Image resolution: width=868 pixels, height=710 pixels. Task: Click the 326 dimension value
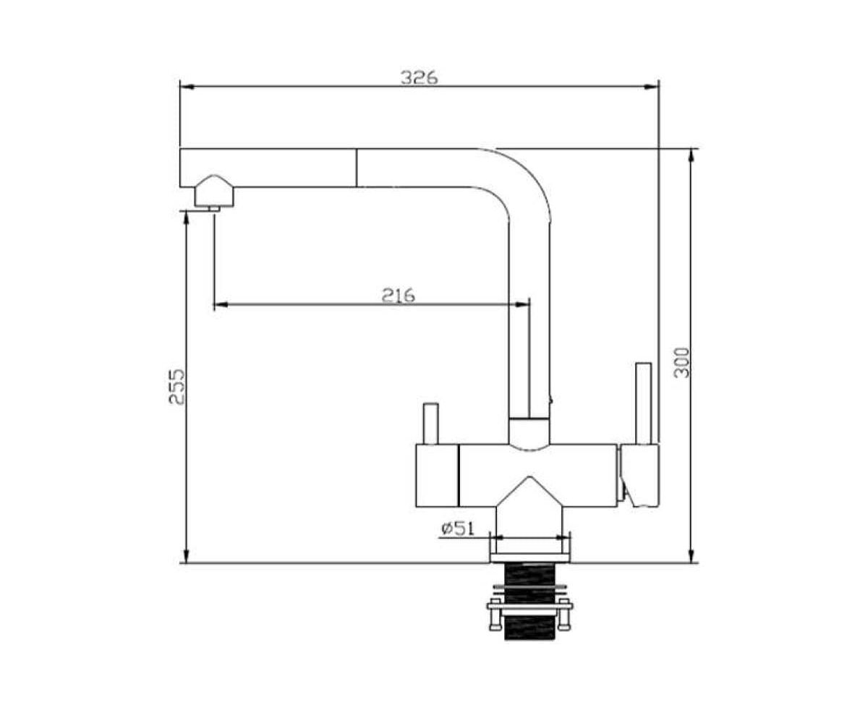coord(419,77)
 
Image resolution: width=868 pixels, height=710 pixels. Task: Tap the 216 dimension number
coord(398,295)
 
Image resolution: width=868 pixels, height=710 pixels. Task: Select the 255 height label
coord(177,387)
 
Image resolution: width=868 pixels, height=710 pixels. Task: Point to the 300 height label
coord(681,362)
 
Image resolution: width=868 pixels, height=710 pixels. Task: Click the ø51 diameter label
coord(457,529)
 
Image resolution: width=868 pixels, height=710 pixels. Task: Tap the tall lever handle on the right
coord(643,403)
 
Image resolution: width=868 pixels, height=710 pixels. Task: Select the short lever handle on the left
coord(430,424)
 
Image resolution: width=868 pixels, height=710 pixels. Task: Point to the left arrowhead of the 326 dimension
coord(187,87)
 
